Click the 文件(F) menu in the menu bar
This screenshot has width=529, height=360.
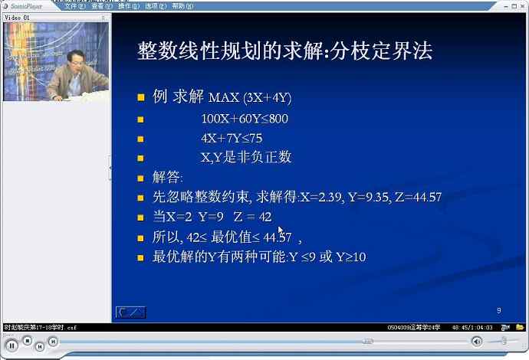tap(75, 5)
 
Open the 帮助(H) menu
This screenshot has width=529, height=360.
tap(182, 5)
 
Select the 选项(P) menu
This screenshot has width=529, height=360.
tap(156, 5)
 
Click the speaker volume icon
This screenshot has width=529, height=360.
tap(477, 342)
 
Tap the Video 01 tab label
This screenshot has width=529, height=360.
tap(18, 16)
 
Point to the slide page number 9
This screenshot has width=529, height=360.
tap(498, 310)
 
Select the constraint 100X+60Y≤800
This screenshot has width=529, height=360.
tap(245, 119)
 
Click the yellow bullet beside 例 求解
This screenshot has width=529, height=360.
tap(140, 98)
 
